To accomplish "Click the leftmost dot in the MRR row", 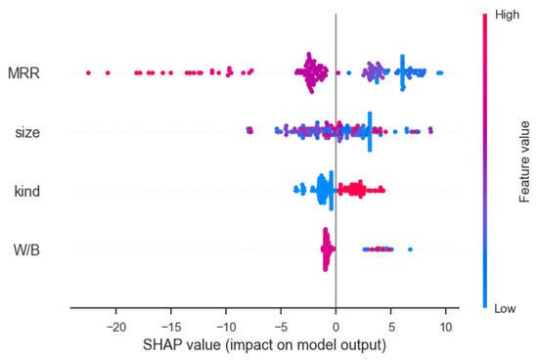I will click(x=88, y=71).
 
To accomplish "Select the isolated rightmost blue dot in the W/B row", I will click(x=410, y=249).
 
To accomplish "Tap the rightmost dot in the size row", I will click(x=429, y=130).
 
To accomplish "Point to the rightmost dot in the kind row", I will click(x=383, y=190).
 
